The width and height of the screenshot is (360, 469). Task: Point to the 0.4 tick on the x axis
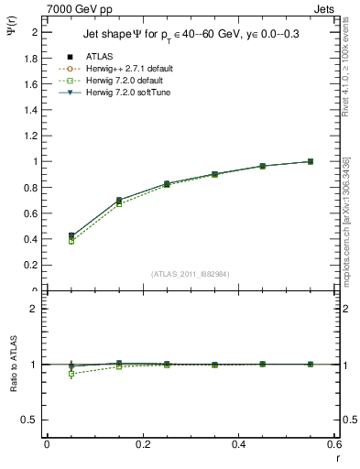(239, 444)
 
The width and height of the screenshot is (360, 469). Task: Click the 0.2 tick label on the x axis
(143, 444)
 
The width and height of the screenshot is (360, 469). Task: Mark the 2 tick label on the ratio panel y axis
(37, 309)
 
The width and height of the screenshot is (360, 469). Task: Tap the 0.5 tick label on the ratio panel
(33, 420)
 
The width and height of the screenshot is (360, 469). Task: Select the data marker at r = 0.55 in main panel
(311, 161)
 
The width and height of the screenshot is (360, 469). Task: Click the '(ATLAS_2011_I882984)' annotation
(191, 274)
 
